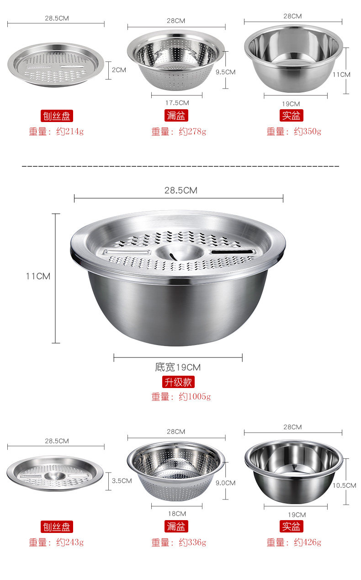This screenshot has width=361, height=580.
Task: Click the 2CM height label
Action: (119, 70)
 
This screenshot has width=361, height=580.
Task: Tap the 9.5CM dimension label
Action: (226, 72)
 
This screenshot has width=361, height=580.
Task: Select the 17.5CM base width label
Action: (177, 103)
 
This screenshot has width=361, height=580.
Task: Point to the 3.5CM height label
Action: (122, 481)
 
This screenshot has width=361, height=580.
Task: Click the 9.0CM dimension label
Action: (226, 483)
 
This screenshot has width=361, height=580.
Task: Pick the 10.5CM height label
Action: (344, 485)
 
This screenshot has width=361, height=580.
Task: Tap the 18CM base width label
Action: (177, 514)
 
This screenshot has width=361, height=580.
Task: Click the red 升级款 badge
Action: (178, 382)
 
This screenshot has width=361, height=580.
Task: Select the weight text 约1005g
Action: (195, 396)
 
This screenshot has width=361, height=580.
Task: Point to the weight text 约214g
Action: (70, 132)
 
